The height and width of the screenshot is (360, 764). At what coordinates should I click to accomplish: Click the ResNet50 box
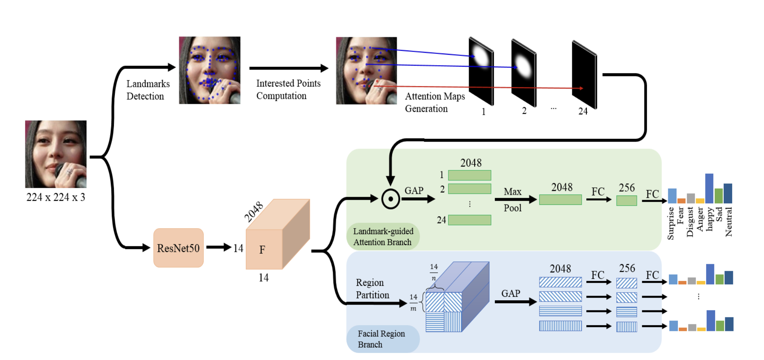178,248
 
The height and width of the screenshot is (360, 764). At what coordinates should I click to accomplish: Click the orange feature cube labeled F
271,241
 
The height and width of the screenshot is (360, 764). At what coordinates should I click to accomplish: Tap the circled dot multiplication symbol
391,199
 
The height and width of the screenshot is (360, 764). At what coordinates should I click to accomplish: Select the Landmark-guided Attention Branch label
382,237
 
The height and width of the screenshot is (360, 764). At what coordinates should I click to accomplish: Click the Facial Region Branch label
382,339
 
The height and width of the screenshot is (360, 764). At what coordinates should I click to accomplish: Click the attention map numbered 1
481,71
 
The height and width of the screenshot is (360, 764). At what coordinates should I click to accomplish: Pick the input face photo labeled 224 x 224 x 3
56,154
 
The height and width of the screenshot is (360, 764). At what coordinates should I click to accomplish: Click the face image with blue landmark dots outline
209,70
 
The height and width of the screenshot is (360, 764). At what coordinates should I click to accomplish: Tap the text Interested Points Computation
288,90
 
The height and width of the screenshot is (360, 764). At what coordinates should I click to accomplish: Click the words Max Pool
513,200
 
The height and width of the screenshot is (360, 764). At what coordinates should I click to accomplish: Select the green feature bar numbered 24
469,220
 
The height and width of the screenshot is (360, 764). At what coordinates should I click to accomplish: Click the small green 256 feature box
626,201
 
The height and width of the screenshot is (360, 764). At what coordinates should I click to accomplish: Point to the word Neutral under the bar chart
729,222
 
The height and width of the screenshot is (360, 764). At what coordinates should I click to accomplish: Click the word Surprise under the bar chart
671,223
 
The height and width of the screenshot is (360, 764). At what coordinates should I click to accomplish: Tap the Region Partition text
372,289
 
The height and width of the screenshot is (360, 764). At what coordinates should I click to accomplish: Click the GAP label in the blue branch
510,293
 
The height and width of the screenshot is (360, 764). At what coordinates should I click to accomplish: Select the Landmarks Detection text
148,90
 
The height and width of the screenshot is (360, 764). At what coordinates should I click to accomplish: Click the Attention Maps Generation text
435,102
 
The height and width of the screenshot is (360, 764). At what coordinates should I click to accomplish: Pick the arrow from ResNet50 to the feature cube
218,247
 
